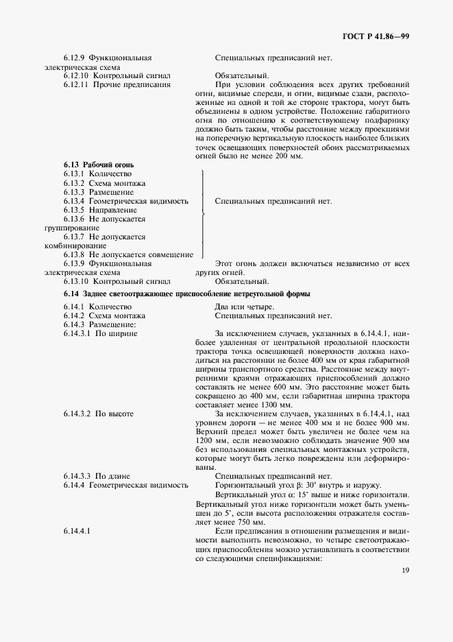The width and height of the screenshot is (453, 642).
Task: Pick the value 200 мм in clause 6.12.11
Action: (x=286, y=156)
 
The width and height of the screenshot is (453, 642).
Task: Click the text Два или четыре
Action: (x=245, y=306)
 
